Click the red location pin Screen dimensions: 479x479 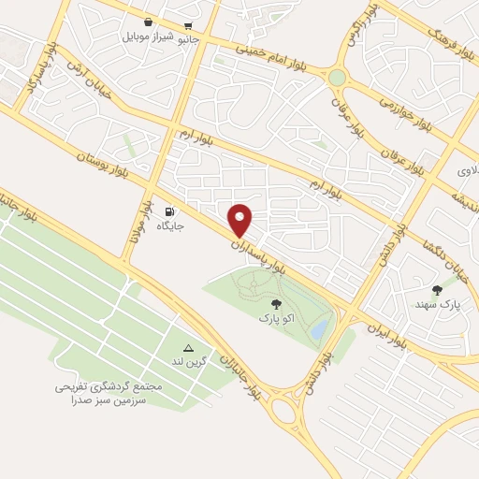point(241,219)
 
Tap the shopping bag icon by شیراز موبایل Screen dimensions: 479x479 point(149,22)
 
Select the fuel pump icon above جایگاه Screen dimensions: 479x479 point(169,210)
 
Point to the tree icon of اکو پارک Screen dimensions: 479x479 point(275,303)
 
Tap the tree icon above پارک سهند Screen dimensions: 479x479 point(437,290)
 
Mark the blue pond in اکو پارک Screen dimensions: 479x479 point(320,328)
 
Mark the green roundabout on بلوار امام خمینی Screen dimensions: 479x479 point(337,78)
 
